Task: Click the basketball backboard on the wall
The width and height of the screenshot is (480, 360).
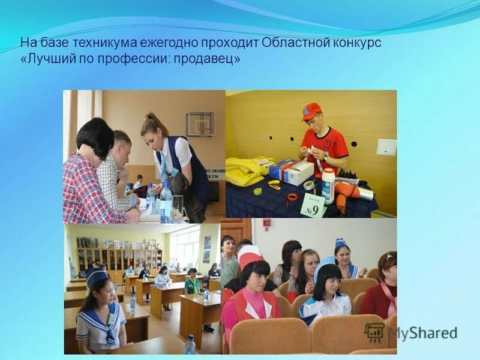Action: pyautogui.click(x=200, y=124)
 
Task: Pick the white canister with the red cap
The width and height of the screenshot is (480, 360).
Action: pyautogui.click(x=328, y=184)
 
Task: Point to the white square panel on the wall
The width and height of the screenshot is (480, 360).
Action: pyautogui.click(x=386, y=147)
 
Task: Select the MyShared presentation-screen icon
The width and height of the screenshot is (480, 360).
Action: pyautogui.click(x=374, y=332)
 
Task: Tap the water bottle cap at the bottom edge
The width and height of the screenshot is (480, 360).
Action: pyautogui.click(x=190, y=338)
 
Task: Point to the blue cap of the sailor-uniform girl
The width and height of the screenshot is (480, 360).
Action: pyautogui.click(x=96, y=277)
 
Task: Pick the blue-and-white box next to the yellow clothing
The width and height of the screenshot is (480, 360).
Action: pyautogui.click(x=292, y=171)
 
